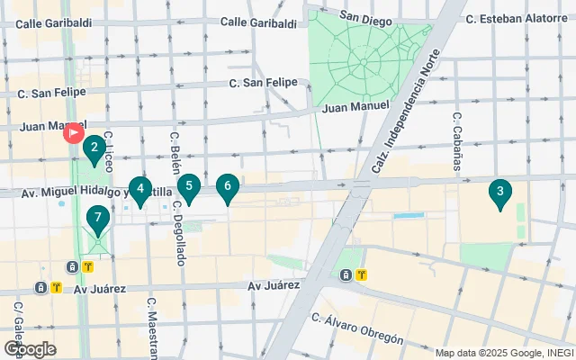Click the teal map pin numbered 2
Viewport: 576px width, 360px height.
pyautogui.click(x=93, y=148)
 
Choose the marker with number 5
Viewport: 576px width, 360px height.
pyautogui.click(x=188, y=187)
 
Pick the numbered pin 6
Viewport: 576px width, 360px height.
pyautogui.click(x=228, y=187)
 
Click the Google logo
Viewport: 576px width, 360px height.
pyautogui.click(x=30, y=348)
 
